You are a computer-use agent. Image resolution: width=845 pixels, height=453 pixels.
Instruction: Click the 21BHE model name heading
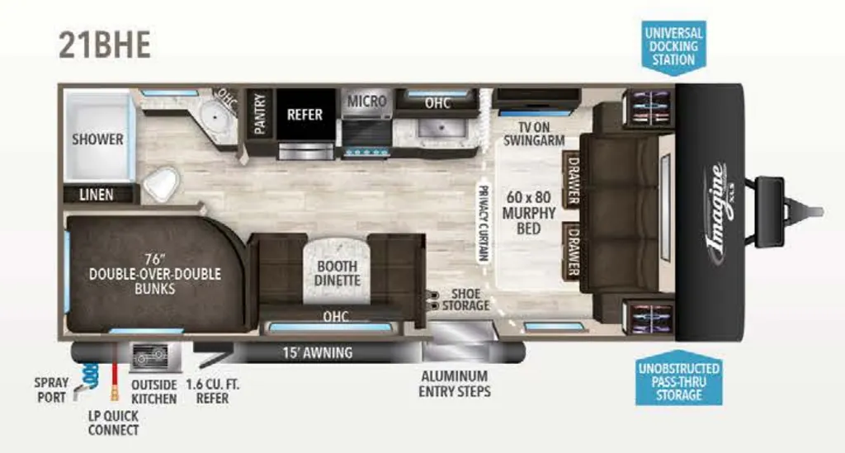coord(105,45)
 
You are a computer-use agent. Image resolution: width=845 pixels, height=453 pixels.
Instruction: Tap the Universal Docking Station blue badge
coord(673,47)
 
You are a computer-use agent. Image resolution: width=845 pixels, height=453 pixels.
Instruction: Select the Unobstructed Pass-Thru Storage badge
coord(678,381)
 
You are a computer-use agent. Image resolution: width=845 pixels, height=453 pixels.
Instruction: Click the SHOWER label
coord(97,139)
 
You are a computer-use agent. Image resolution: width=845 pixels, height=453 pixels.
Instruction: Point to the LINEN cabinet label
coord(97,195)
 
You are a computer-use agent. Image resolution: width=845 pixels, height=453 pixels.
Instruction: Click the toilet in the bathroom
coord(161,184)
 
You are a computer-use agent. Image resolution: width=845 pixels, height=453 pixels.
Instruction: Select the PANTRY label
coord(260,114)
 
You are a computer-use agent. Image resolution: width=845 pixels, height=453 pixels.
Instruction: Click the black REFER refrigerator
coord(305,114)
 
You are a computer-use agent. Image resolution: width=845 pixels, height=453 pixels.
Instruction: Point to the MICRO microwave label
coord(366,101)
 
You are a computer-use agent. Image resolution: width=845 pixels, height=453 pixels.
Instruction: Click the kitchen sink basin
coord(441,128)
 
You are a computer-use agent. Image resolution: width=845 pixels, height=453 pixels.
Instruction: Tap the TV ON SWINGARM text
coord(534,134)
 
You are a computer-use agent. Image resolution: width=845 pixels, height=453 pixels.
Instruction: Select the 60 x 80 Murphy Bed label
coord(529,212)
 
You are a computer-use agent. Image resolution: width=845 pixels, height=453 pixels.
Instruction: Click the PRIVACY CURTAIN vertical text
coord(484,224)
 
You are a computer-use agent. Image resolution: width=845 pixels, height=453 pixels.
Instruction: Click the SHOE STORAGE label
coord(465,300)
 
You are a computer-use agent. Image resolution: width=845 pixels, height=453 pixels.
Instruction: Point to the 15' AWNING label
coord(318,353)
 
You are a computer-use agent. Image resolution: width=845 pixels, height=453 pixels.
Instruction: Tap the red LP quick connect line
coord(114,371)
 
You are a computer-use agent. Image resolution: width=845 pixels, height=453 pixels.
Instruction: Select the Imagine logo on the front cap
coord(720,215)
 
